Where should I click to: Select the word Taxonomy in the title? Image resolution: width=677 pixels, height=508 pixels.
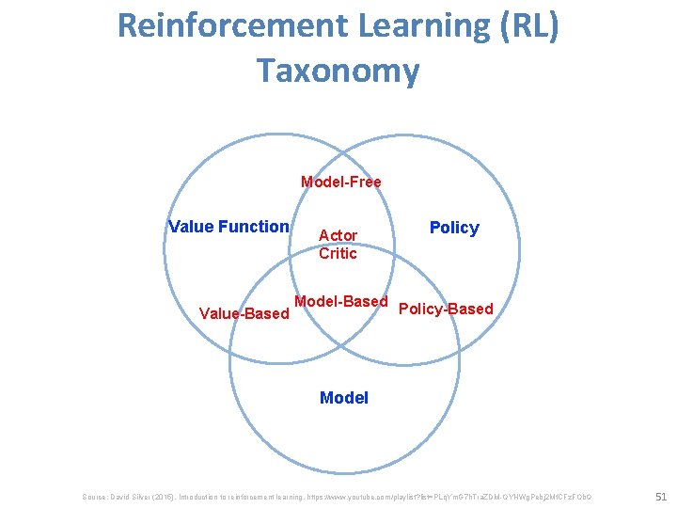click(338, 71)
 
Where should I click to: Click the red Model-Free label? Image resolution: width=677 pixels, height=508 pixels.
click(340, 182)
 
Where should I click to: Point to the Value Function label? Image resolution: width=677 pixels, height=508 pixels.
click(228, 226)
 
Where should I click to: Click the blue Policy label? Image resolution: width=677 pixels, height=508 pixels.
click(454, 228)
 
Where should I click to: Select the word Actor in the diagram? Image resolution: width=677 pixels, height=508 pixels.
click(338, 235)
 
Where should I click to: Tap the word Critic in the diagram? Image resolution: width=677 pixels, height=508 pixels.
click(338, 253)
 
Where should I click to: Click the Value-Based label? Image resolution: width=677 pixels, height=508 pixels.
click(244, 313)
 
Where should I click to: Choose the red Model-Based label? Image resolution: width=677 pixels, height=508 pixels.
click(340, 301)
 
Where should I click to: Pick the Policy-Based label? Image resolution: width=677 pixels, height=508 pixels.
click(446, 309)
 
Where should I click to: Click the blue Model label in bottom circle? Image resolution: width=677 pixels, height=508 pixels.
click(344, 398)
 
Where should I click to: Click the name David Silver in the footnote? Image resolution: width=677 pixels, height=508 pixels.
click(134, 496)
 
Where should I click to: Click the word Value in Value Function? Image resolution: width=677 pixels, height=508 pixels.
click(191, 226)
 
